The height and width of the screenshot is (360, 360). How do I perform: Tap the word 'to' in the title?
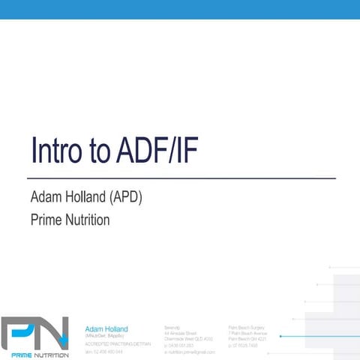(102, 151)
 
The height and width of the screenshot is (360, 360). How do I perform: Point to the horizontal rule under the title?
(181, 178)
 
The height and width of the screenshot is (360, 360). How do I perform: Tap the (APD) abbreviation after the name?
(126, 198)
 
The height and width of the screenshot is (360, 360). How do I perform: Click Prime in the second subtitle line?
(46, 220)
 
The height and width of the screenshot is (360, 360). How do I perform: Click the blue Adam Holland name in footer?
(106, 328)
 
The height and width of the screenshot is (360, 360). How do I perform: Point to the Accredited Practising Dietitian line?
(112, 343)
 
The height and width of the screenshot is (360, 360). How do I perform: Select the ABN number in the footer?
(105, 351)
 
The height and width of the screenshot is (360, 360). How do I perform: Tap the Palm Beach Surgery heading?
(247, 328)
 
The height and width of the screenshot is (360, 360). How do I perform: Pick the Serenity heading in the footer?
(172, 328)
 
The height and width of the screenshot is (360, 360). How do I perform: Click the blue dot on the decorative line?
(280, 337)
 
